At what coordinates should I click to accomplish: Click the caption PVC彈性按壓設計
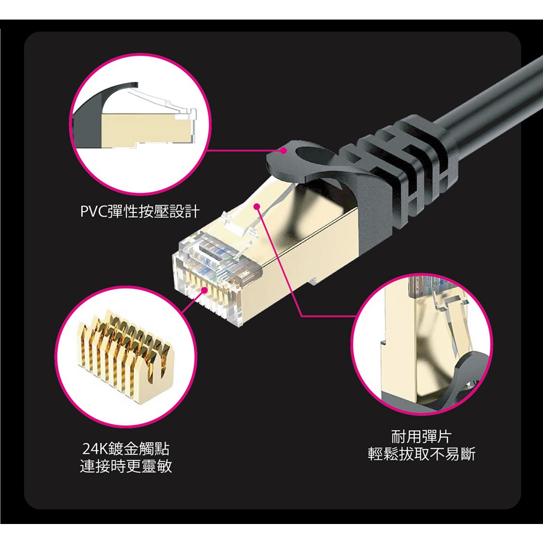click(x=140, y=211)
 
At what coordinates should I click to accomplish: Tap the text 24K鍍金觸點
click(x=126, y=449)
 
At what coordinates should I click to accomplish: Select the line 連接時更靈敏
click(x=126, y=466)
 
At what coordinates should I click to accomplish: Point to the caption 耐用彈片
click(x=421, y=437)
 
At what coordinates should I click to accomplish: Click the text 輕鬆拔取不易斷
click(x=421, y=454)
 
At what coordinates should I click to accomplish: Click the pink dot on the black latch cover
click(x=283, y=150)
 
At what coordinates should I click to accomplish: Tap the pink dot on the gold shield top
click(x=257, y=207)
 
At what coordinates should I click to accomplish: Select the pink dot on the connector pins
click(x=205, y=290)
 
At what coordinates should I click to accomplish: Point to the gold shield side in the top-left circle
click(x=145, y=128)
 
